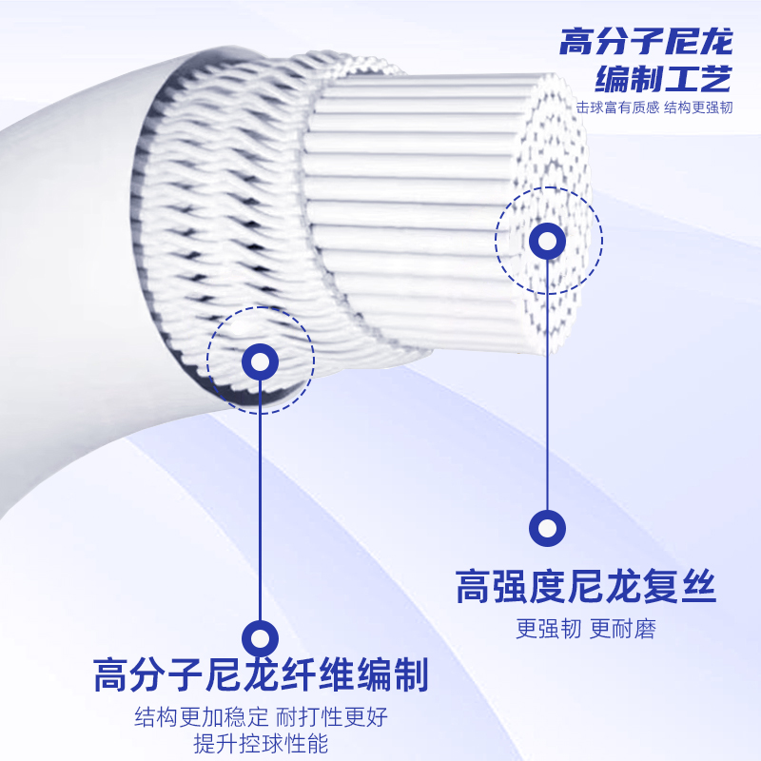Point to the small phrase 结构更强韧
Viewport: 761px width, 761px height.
698,107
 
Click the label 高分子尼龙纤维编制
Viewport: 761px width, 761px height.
261,675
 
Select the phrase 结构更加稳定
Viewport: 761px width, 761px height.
204,716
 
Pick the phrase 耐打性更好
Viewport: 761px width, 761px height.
333,716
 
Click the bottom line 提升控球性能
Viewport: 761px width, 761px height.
261,744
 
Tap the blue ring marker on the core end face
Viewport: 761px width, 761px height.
547,241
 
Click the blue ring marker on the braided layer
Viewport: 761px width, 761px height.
260,361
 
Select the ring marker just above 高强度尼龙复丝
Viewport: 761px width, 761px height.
547,529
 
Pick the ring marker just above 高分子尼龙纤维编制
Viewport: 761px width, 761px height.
260,635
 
